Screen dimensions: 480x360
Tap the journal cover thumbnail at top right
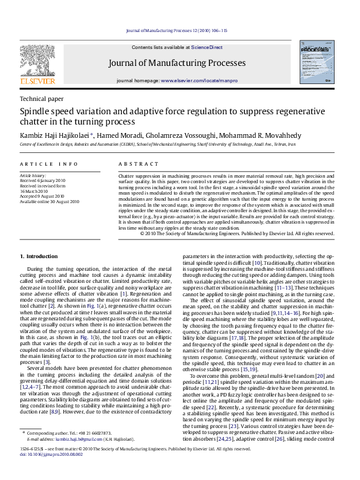point(315,61)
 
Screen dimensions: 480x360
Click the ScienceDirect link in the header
point(208,47)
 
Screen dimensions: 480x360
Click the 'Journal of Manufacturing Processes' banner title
point(177,63)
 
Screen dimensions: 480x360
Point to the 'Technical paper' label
point(42,99)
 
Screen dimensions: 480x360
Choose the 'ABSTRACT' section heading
point(139,164)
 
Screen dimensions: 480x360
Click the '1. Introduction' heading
point(39,256)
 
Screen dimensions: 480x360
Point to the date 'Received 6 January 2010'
point(42,181)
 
